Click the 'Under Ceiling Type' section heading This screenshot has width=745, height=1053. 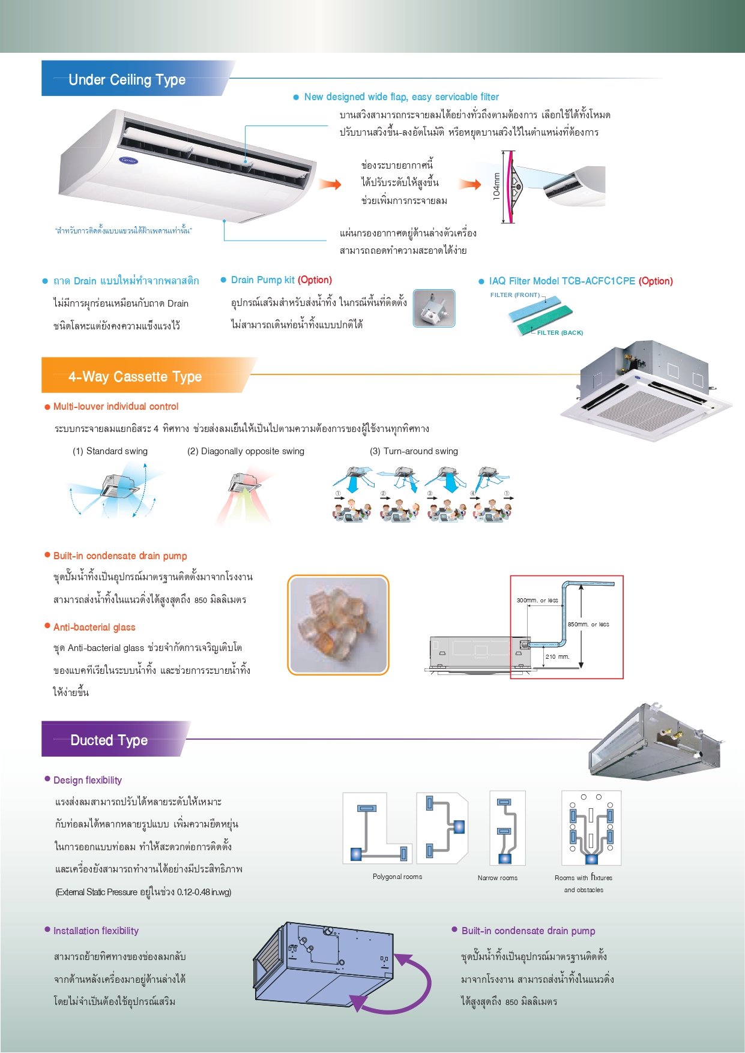(127, 80)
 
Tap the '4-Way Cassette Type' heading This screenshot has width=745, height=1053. (134, 377)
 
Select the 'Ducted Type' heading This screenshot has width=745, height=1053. (109, 740)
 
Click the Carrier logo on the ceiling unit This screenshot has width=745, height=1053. (129, 160)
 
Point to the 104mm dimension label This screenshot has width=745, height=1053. (496, 186)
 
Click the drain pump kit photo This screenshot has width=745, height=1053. (434, 308)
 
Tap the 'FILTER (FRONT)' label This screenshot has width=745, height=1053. (514, 295)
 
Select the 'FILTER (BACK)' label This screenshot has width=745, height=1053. (560, 333)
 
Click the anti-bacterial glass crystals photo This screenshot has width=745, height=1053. (338, 625)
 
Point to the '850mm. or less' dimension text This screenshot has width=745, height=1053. (588, 625)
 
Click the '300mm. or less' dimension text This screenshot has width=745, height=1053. (537, 601)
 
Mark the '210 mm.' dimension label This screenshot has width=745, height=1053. (557, 657)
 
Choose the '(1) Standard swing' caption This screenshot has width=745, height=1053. (110, 451)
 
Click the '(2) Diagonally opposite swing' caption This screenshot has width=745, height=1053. (246, 451)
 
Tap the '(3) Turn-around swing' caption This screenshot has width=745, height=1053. (414, 451)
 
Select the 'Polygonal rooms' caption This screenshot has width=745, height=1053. (397, 877)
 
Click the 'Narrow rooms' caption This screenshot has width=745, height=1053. (497, 878)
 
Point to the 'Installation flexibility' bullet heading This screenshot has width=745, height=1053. (96, 931)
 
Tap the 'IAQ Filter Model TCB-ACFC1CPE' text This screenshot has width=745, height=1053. (562, 281)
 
